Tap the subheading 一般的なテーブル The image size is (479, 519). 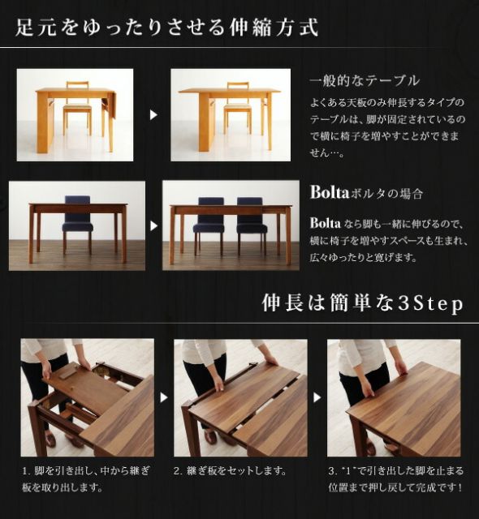[364, 80]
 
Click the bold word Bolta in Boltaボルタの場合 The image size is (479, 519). [329, 193]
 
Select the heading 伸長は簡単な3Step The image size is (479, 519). [362, 303]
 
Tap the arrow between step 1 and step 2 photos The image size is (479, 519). [162, 397]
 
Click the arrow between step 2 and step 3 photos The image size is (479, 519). [316, 397]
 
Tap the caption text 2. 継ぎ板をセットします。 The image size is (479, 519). [231, 471]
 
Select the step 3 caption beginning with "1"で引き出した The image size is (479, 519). [395, 479]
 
